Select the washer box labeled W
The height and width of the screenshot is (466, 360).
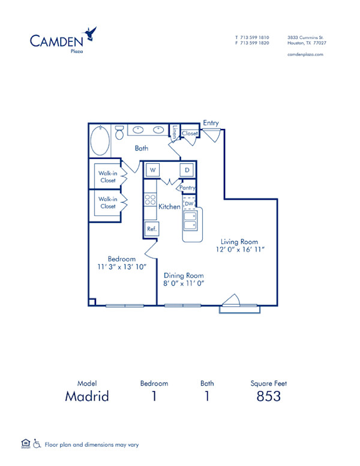152,170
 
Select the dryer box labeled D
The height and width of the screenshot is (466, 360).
187,170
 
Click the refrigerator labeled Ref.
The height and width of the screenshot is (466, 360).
151,229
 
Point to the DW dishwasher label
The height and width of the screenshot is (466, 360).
189,204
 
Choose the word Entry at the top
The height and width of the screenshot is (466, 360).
211,123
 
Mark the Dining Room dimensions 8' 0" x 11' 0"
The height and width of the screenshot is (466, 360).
184,284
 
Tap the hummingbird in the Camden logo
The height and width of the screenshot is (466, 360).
92,33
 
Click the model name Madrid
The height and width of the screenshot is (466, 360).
87,396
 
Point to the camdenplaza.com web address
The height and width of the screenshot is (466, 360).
305,54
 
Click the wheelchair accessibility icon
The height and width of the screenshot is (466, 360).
37,444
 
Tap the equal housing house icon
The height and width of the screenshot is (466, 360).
25,444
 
